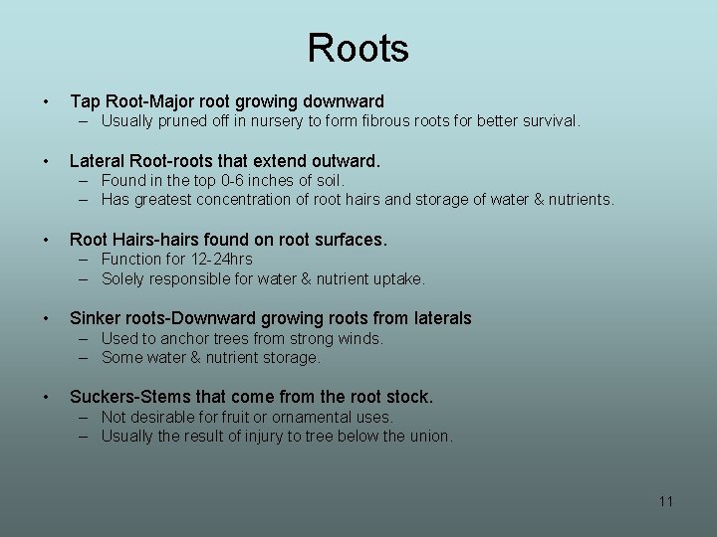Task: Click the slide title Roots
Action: point(358,48)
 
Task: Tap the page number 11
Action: point(666,501)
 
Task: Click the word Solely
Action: point(123,278)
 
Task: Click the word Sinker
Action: point(96,318)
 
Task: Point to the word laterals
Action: point(438,318)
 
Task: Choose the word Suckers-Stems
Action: point(130,397)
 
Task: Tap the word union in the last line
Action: point(430,436)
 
